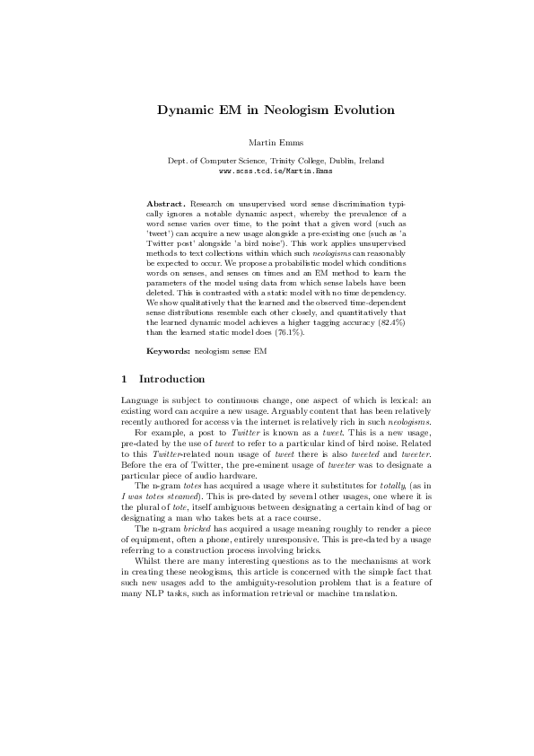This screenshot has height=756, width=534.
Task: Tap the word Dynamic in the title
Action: pos(186,110)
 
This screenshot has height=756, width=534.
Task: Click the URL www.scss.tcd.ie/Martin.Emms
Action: pos(267,169)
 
